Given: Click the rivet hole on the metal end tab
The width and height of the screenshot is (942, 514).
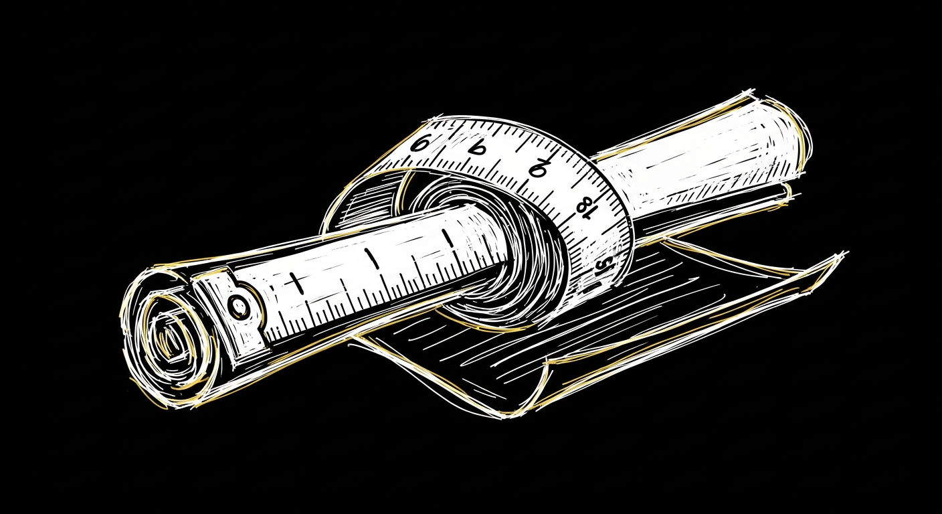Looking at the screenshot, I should (238, 307).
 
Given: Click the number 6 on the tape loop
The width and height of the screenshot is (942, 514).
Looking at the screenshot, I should (421, 142).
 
